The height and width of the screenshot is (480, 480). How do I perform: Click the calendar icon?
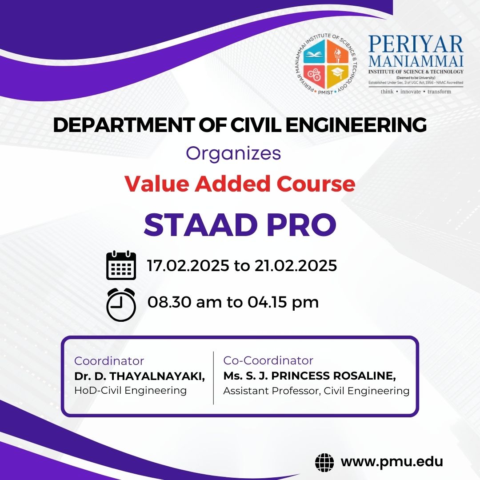pos(121,265)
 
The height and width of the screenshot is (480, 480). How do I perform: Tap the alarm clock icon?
pos(121,304)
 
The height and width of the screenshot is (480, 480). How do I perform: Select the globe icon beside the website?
pos(324,463)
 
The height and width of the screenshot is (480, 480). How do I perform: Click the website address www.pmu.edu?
pos(392,462)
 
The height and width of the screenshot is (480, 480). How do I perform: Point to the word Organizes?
pos(233,154)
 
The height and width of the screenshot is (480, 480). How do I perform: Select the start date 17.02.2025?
pos(188,265)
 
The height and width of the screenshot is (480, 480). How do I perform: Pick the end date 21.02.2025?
pos(296,265)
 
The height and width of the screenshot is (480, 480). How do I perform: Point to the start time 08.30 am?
pos(184,302)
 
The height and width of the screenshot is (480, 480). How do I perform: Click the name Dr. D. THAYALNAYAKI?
pos(139,376)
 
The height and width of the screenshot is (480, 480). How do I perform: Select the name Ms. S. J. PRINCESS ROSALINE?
pos(309,376)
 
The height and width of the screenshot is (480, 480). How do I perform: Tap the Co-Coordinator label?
pos(268,360)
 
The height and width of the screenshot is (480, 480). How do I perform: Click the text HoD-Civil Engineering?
pos(130,391)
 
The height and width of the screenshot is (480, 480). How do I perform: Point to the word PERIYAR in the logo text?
pos(416,45)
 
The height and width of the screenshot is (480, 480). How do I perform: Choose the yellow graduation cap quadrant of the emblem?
pos(338,76)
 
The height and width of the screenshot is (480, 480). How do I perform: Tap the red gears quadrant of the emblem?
pos(314,76)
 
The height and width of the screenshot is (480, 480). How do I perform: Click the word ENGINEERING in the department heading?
pos(356,125)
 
